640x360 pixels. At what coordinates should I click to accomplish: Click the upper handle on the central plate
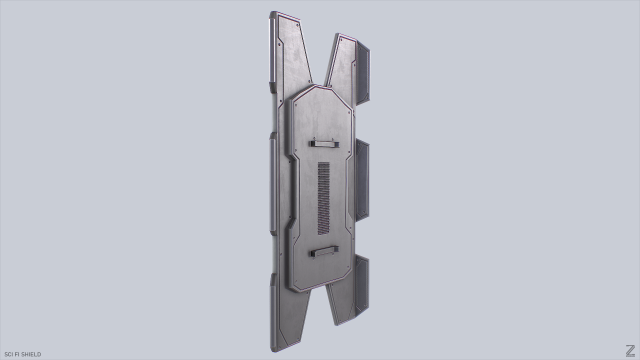pos(325,142)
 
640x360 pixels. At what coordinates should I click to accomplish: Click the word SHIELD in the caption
pos(31,354)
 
